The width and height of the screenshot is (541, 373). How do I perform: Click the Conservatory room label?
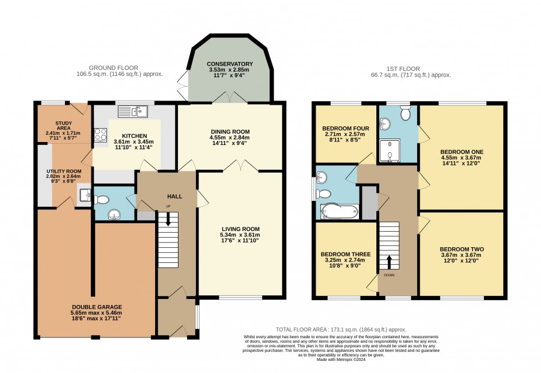click(230, 64)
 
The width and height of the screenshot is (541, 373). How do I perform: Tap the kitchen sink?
click(133, 111)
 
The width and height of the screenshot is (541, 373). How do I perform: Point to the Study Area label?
click(64, 126)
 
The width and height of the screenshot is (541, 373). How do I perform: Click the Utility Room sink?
click(85, 196)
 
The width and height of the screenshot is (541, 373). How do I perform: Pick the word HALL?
click(174, 197)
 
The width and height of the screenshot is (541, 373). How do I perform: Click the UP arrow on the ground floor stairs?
click(168, 219)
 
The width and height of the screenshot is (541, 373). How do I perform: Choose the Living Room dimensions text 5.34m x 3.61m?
click(240, 235)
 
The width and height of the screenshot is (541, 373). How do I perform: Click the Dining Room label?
click(230, 132)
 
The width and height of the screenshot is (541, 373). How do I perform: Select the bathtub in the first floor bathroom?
click(340, 211)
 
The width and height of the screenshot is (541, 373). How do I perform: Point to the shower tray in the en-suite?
click(390, 150)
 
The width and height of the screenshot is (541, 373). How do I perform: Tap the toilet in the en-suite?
click(405, 113)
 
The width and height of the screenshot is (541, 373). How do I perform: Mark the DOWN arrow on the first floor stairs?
click(389, 262)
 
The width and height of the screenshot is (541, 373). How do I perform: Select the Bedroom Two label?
click(462, 249)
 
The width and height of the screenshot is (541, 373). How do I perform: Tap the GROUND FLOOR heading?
click(114, 68)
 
